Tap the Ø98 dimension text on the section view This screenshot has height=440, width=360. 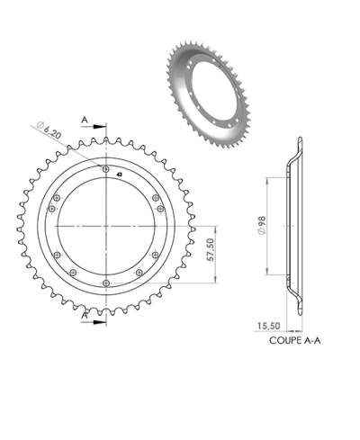coord(261,225)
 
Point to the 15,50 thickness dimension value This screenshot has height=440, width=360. coord(268,327)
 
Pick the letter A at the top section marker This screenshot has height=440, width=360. coord(84,118)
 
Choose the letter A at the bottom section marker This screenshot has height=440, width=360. coord(84,317)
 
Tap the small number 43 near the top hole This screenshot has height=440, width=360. coord(119,175)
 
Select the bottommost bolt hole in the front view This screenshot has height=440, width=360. coord(107,284)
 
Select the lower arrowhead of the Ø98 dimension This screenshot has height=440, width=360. coord(269,272)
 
